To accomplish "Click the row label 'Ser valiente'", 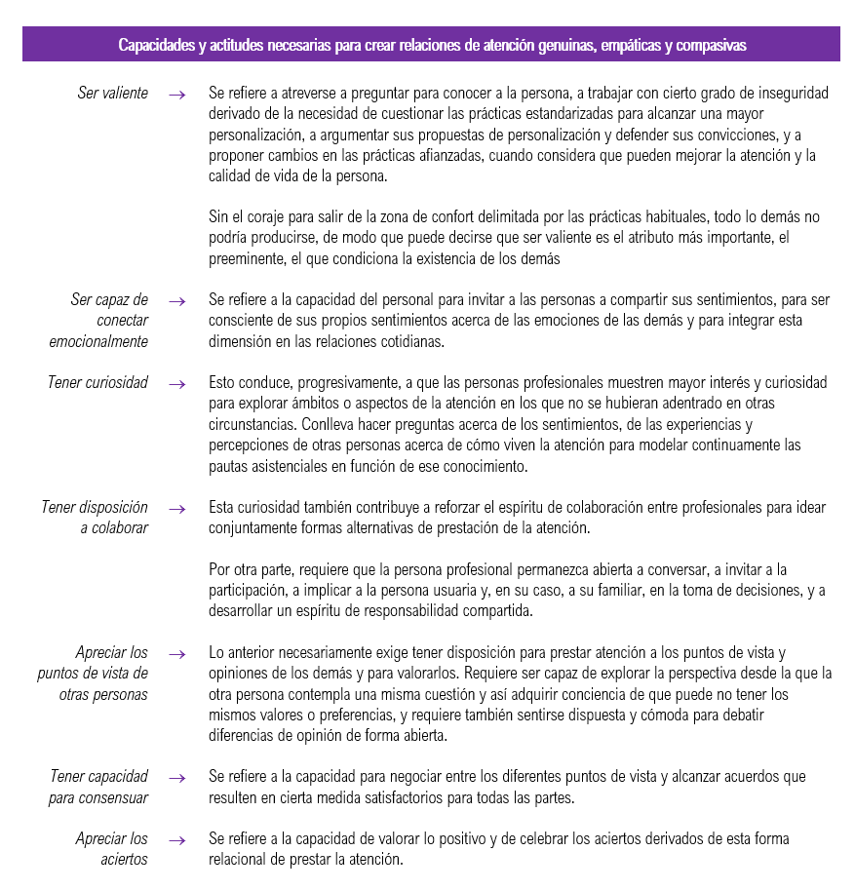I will point(113,94).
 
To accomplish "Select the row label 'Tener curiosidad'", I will point(97,383).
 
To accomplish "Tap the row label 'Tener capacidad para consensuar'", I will point(99,788).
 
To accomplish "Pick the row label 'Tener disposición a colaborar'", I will point(95,518).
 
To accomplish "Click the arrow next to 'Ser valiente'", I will point(176,95).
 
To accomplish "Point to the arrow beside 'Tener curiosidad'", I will point(176,384).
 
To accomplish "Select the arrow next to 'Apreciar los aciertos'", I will point(176,839).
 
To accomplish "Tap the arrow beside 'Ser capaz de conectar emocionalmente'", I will point(176,302).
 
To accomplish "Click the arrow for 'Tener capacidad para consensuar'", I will point(176,778).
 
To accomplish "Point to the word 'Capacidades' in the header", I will point(155,46).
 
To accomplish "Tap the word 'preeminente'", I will point(251,259).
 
